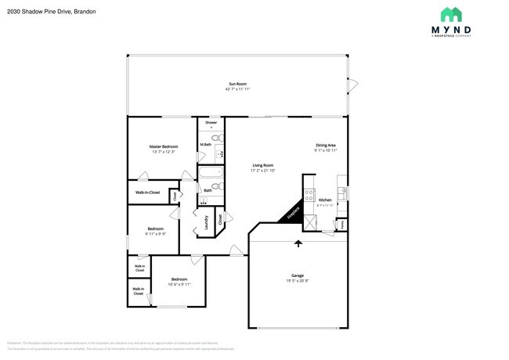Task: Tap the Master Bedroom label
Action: coord(164,146)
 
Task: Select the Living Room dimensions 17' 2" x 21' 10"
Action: coord(262,171)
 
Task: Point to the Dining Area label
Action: coord(326,145)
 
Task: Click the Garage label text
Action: coord(298,275)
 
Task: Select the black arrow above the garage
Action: coord(298,244)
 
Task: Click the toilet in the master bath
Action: coord(221,138)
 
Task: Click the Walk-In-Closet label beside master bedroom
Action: coord(147,192)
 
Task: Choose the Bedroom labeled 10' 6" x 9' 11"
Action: coord(179,282)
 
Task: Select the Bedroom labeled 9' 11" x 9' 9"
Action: coord(155,232)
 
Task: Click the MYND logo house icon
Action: coord(450,14)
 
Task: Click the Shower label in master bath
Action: coord(211,123)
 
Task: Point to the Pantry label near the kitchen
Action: coord(341,225)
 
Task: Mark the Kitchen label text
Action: coord(325,201)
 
